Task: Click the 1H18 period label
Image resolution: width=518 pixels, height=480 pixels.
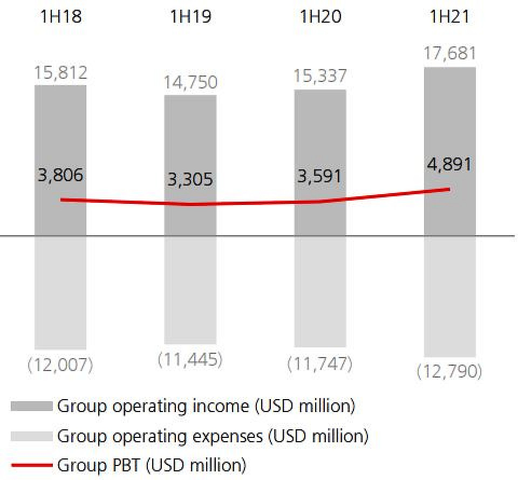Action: (60, 17)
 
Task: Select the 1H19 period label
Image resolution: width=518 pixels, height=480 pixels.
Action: (190, 17)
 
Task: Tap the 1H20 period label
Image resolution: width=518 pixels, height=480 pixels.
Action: (320, 17)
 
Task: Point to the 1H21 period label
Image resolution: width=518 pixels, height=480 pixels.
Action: (449, 17)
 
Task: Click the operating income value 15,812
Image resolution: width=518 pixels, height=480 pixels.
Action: (60, 73)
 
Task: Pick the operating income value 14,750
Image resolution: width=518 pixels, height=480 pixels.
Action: (190, 83)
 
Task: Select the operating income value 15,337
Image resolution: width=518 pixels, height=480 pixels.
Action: (320, 77)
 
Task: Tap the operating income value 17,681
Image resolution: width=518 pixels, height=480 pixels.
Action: (450, 54)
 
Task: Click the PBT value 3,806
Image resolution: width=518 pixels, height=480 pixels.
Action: (60, 175)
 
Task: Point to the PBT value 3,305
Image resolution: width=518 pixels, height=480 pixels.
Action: (190, 180)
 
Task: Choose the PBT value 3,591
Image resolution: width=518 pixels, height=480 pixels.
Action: (320, 176)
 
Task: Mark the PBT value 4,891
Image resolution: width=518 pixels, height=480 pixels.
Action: (450, 164)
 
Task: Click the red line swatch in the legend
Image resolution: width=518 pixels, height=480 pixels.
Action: (32, 464)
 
